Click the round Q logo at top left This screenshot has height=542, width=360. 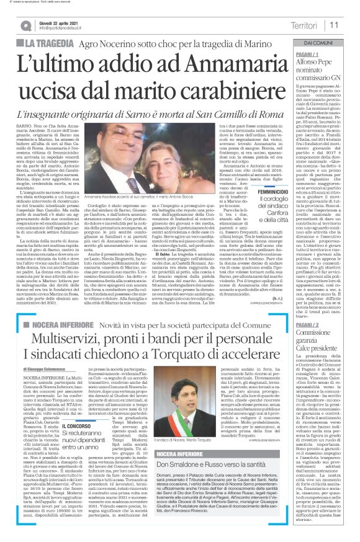[26, 25]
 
